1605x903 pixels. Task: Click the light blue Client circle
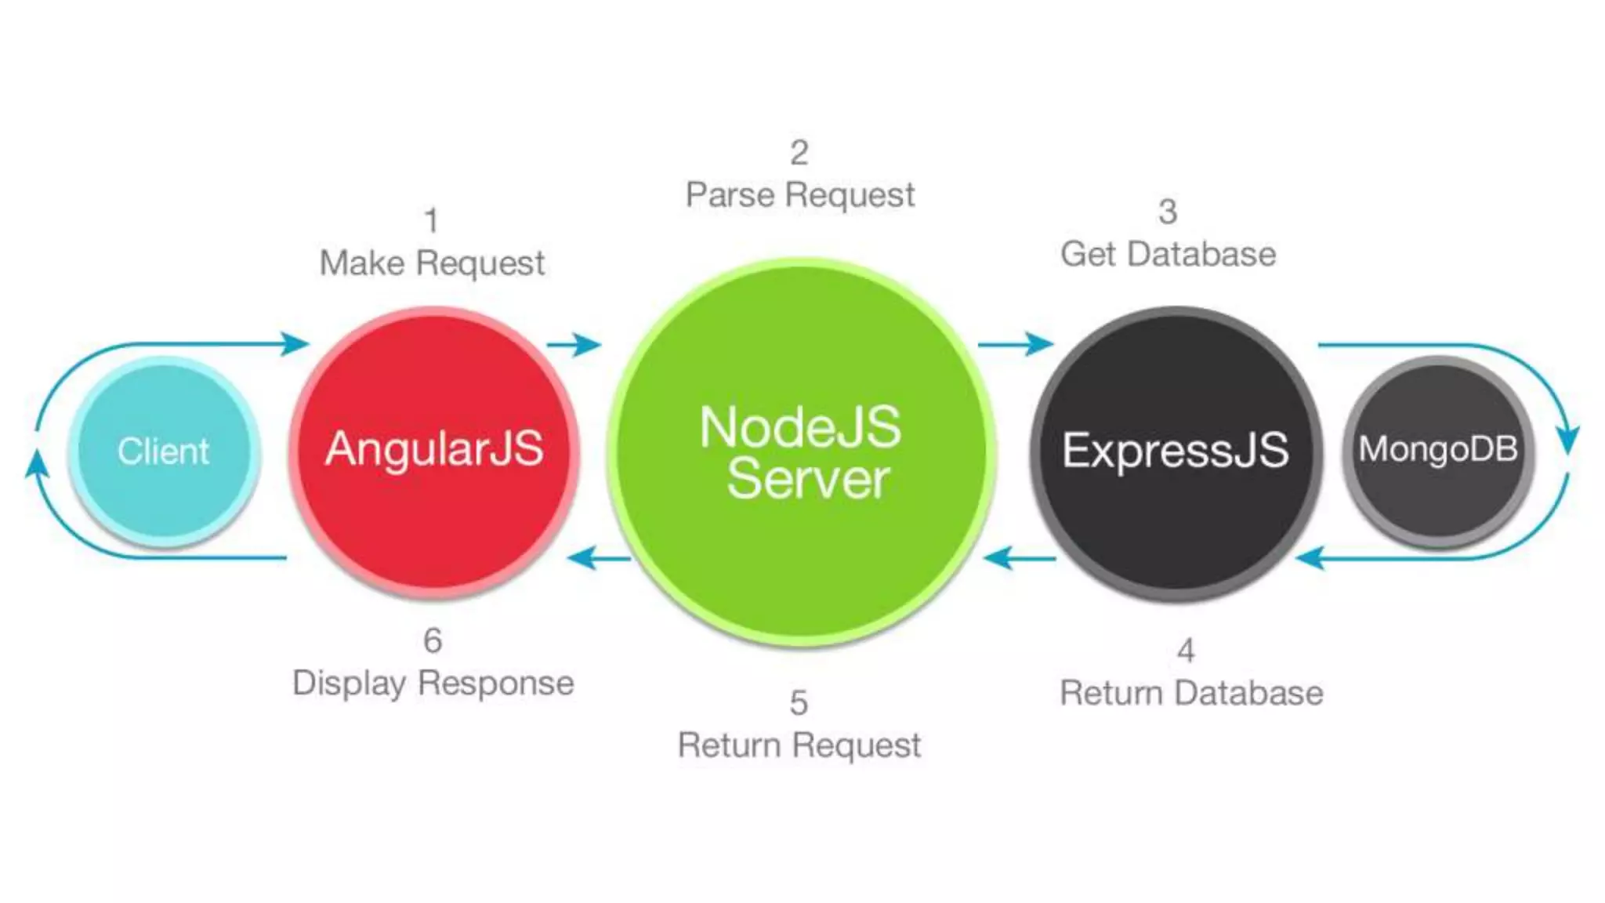tap(163, 451)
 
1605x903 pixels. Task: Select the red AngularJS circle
tap(434, 451)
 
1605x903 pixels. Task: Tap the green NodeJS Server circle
tap(801, 452)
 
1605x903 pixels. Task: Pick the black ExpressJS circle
tap(1176, 452)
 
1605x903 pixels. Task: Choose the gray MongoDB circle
tap(1438, 451)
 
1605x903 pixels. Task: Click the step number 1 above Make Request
tap(431, 221)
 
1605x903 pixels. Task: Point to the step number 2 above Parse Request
tap(799, 153)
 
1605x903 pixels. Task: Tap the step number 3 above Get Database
tap(1168, 212)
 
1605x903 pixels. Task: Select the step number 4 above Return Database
tap(1186, 651)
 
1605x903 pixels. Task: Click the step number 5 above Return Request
tap(799, 703)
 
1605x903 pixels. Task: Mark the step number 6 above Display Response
tap(433, 641)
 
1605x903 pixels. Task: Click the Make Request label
tap(432, 263)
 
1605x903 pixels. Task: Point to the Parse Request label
tap(800, 195)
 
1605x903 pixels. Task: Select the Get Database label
tap(1168, 255)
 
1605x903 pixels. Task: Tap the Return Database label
tap(1191, 694)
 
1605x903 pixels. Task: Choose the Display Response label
tap(433, 684)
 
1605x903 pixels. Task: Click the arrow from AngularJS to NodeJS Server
tap(574, 344)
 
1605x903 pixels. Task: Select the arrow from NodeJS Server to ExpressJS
tap(1015, 344)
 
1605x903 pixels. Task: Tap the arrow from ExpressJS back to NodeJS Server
tap(1019, 559)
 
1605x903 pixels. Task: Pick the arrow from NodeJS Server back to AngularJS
tap(599, 559)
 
